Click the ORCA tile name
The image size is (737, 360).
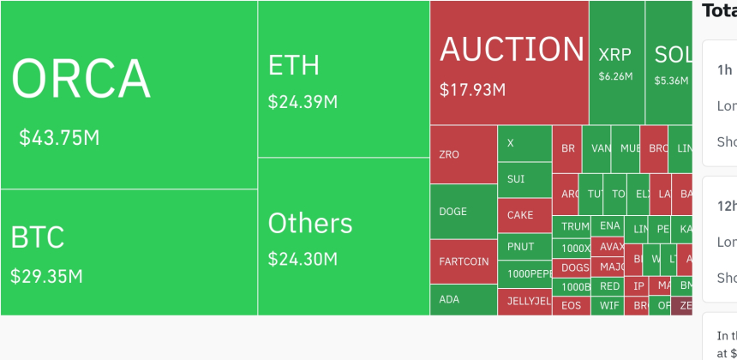tap(81, 79)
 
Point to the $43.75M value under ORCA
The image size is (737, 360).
tap(59, 137)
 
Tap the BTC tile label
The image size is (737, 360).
tap(38, 237)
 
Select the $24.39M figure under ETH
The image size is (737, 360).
tap(303, 102)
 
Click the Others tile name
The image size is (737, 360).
tap(310, 223)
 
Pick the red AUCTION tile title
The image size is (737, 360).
tap(512, 49)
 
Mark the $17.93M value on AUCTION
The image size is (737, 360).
tap(472, 89)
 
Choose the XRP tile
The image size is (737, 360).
tap(614, 55)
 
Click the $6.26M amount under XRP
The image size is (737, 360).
tap(615, 76)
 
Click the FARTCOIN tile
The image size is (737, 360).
tap(464, 261)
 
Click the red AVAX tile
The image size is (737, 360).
tap(612, 247)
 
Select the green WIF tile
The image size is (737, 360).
tap(609, 305)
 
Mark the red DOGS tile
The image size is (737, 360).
tap(575, 267)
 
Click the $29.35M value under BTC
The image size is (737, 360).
tap(46, 276)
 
